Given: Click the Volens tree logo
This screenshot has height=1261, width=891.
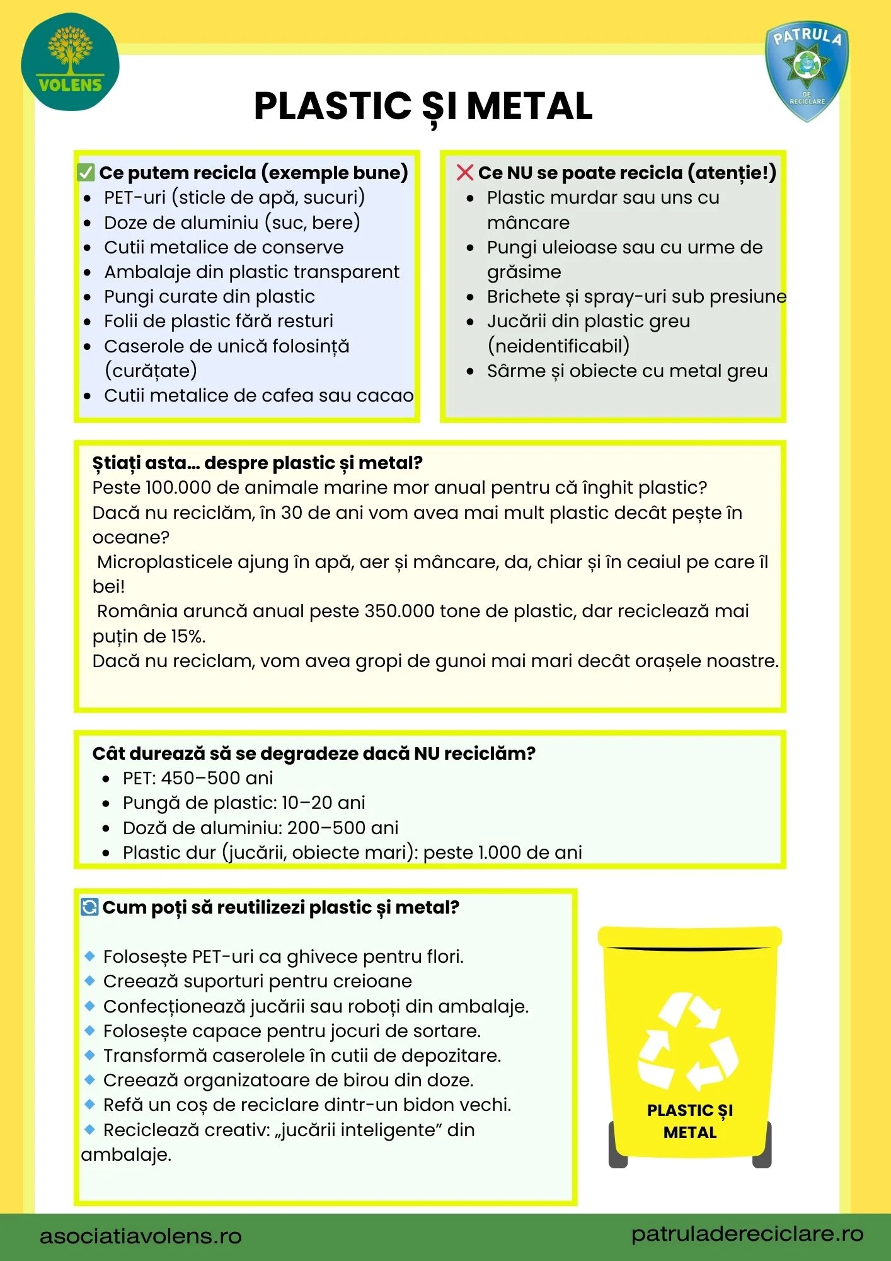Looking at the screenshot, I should (70, 62).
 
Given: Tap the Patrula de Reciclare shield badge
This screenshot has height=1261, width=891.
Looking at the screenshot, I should (807, 70).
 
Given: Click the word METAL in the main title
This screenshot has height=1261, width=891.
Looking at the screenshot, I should (529, 106).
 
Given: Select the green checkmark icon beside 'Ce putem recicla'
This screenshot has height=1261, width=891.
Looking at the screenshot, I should (86, 173).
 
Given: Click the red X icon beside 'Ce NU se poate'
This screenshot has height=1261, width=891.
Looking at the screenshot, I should (464, 173).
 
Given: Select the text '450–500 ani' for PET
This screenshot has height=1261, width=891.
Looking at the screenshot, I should (217, 779).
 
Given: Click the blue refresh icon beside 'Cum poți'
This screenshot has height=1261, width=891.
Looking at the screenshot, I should (89, 907).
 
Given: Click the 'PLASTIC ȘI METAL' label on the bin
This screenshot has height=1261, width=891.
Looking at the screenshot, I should (690, 1121).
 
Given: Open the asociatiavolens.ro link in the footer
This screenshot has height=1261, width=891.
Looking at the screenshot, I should (141, 1236).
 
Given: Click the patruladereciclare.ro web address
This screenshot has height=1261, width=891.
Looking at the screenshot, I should (747, 1234).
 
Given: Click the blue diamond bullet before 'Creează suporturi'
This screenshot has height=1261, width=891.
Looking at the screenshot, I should (89, 981).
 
